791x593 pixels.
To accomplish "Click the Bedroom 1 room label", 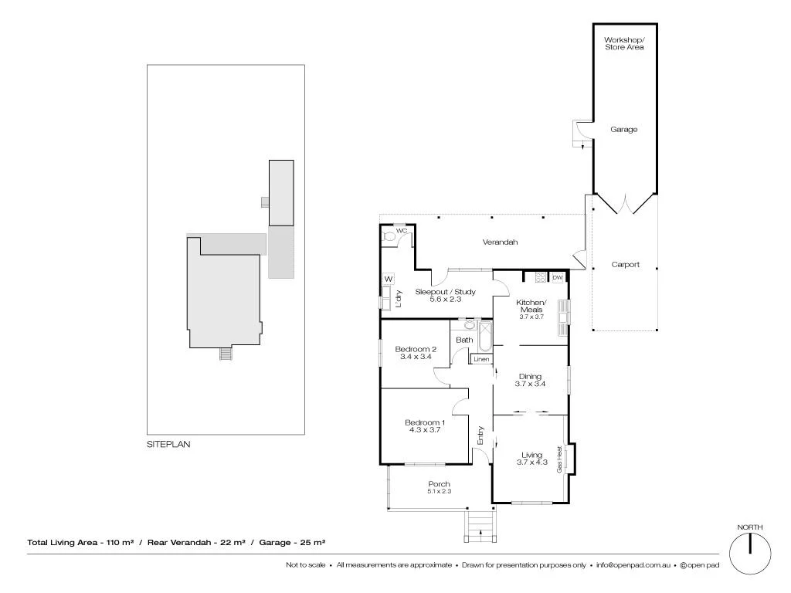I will [425, 425].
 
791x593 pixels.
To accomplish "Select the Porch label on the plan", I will [439, 487].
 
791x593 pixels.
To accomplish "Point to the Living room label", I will [531, 459].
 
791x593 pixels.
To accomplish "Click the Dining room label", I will [530, 380].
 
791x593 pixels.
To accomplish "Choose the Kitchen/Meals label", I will [531, 306].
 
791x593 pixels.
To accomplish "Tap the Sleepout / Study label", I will [445, 295].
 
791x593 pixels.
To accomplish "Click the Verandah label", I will [500, 242].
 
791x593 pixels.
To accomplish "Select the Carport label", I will [625, 264].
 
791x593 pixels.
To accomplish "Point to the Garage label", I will [624, 130].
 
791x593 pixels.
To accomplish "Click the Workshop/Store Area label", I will [624, 43].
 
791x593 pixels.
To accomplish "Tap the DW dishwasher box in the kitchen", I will [557, 277].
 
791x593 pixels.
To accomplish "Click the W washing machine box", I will [389, 279].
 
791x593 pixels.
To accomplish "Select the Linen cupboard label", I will [481, 359].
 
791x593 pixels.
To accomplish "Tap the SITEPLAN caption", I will [168, 445].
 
